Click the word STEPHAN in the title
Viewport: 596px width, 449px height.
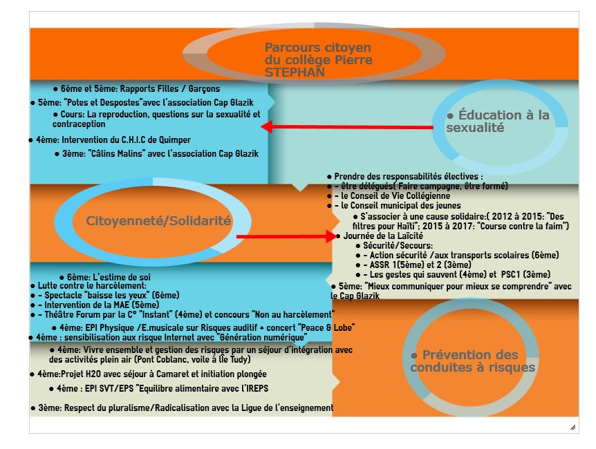[295, 72]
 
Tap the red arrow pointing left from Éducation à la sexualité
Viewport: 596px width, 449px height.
[347, 127]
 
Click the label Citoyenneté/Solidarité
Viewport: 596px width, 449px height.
[158, 221]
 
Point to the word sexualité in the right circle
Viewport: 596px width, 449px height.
[475, 128]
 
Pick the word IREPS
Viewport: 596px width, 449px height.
[257, 388]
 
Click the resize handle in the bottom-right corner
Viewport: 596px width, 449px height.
[572, 428]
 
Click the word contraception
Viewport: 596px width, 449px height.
[79, 124]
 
